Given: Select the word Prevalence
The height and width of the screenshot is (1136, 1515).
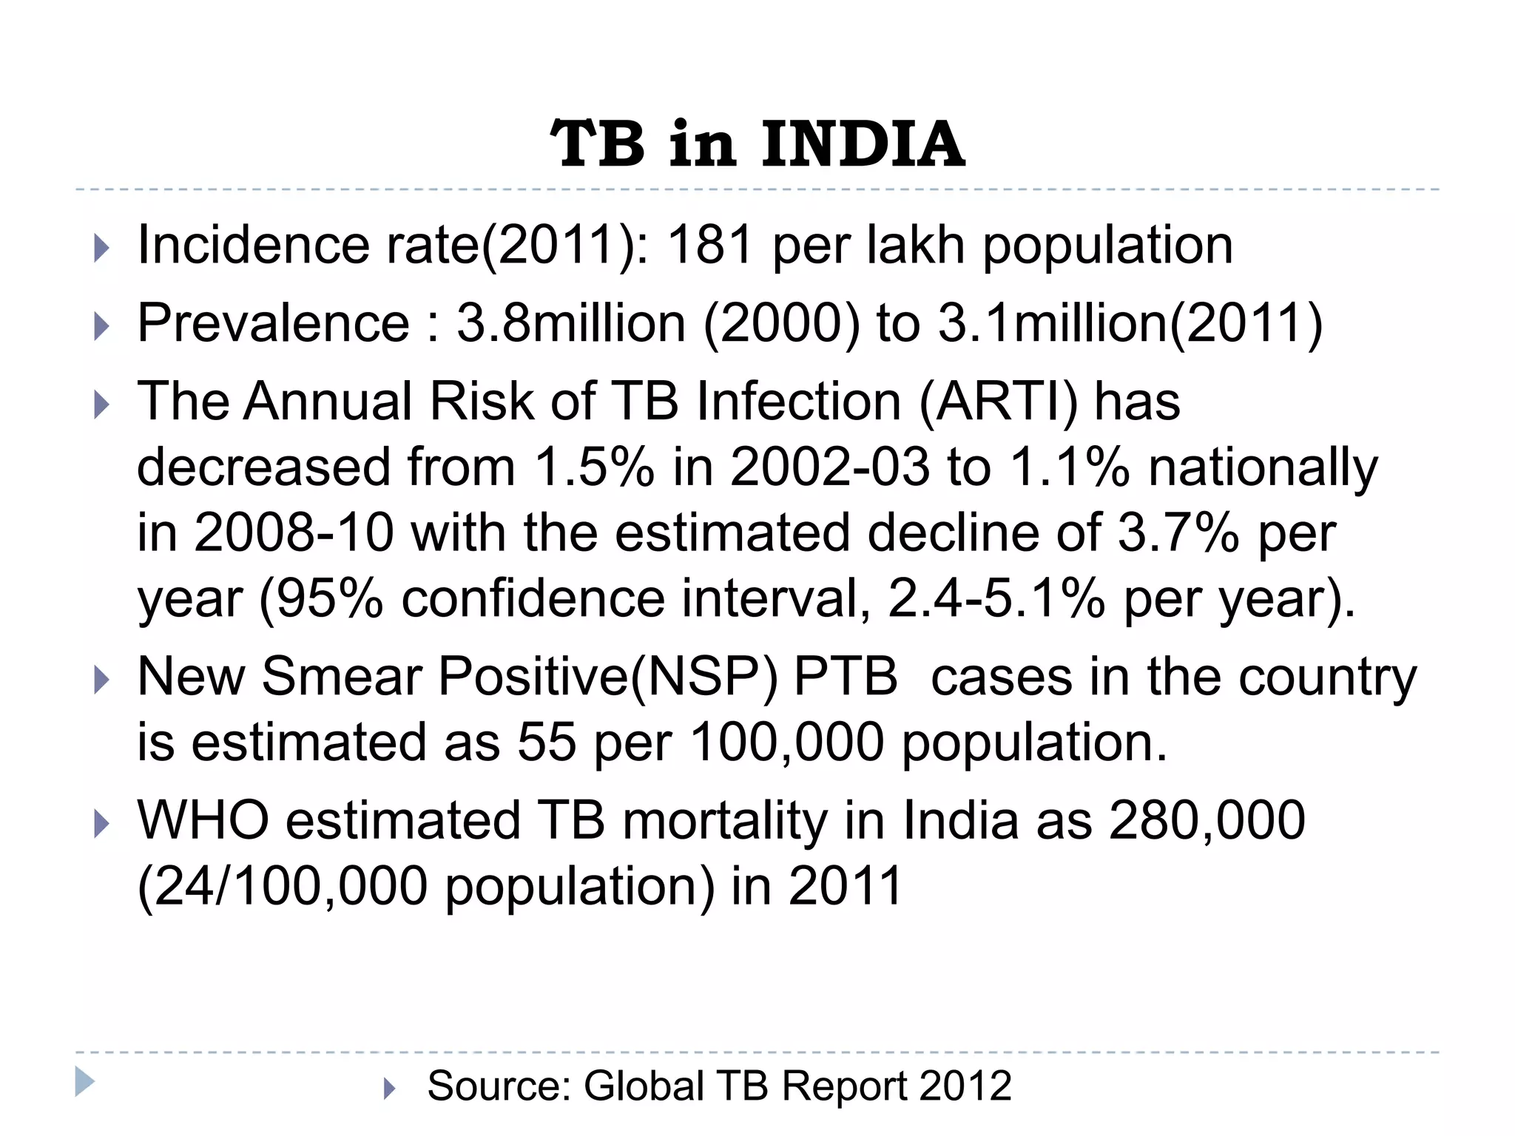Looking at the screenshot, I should (x=273, y=323).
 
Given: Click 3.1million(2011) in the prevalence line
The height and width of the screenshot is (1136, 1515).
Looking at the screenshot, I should (x=1130, y=323).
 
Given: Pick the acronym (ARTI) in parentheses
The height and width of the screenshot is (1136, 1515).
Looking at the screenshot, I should (x=998, y=402).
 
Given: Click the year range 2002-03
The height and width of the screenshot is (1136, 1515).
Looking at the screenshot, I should (x=830, y=467).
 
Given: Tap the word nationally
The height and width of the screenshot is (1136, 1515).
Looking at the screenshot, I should (x=1263, y=467).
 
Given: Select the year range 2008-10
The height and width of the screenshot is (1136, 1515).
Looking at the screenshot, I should (x=294, y=532).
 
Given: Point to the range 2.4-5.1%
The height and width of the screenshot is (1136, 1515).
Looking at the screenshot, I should (x=996, y=598).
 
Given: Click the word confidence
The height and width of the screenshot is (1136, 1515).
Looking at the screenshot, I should (x=533, y=598).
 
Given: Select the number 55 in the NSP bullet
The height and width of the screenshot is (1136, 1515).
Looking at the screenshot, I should (x=546, y=742).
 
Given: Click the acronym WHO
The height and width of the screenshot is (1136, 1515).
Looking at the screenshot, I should (x=203, y=820).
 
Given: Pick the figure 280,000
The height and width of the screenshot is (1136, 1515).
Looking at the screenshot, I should (x=1207, y=820).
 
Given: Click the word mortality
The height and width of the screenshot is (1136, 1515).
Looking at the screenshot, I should (x=724, y=820).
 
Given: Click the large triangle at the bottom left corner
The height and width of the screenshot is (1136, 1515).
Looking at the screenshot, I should (x=84, y=1082).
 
